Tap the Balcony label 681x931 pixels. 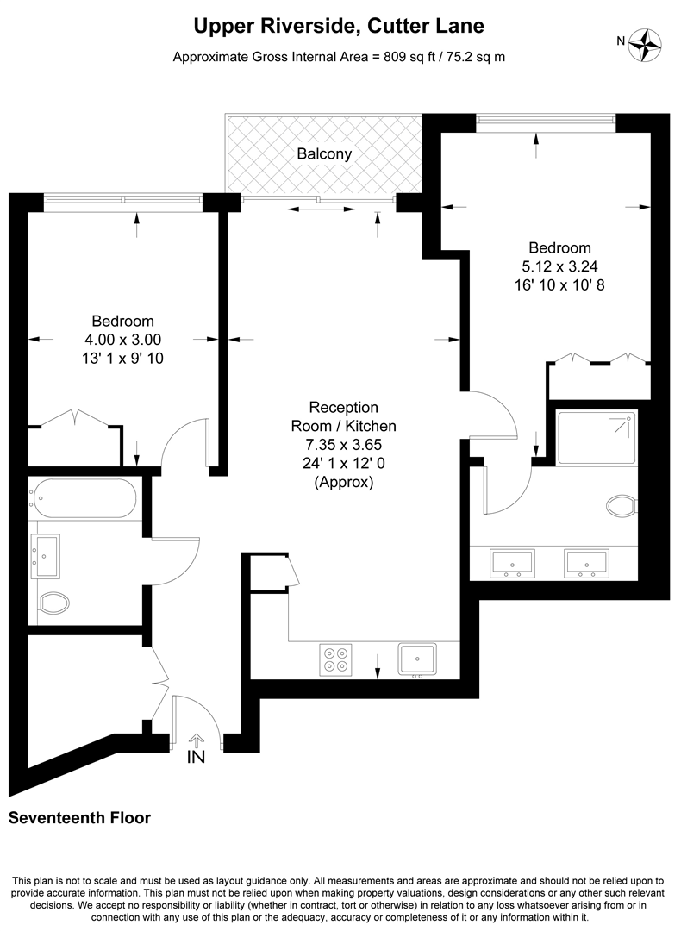pos(324,154)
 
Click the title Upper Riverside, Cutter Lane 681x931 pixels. pos(339,28)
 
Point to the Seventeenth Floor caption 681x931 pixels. pos(79,818)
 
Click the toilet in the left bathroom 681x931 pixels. pos(54,601)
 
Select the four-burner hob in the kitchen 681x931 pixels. pos(336,659)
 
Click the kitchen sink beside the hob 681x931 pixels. pos(417,659)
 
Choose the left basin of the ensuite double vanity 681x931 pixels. pos(512,563)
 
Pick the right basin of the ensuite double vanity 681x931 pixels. pos(586,563)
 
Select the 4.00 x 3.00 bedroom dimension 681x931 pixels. pos(122,340)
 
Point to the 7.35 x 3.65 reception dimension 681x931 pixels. pos(344,445)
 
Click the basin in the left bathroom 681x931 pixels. pos(46,555)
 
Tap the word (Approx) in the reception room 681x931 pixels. pos(344,483)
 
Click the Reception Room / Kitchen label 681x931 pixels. pos(344,416)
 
